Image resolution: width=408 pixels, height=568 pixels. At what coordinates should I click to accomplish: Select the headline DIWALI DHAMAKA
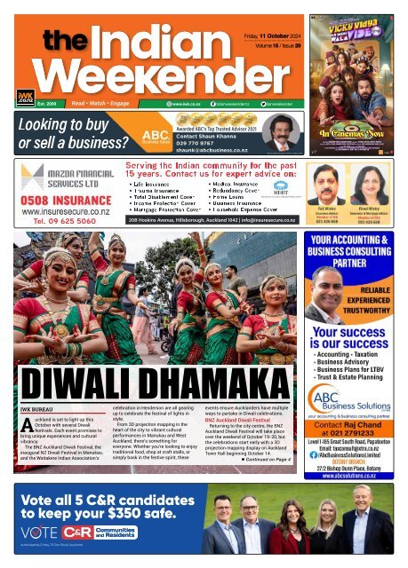click(x=150, y=379)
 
